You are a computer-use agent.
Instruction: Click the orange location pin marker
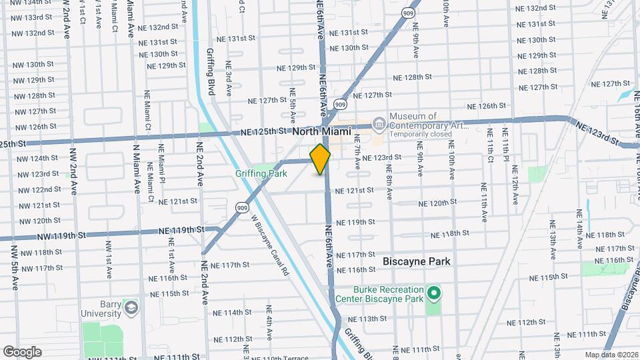click(320, 159)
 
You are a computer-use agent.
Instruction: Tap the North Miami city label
click(321, 132)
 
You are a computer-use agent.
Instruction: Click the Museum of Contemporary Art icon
click(379, 123)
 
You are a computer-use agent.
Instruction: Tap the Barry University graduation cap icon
click(131, 307)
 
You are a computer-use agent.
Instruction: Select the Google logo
click(22, 351)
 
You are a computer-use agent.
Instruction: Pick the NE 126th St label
click(487, 106)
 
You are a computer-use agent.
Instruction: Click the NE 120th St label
click(437, 202)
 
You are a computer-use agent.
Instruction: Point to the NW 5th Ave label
click(14, 267)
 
